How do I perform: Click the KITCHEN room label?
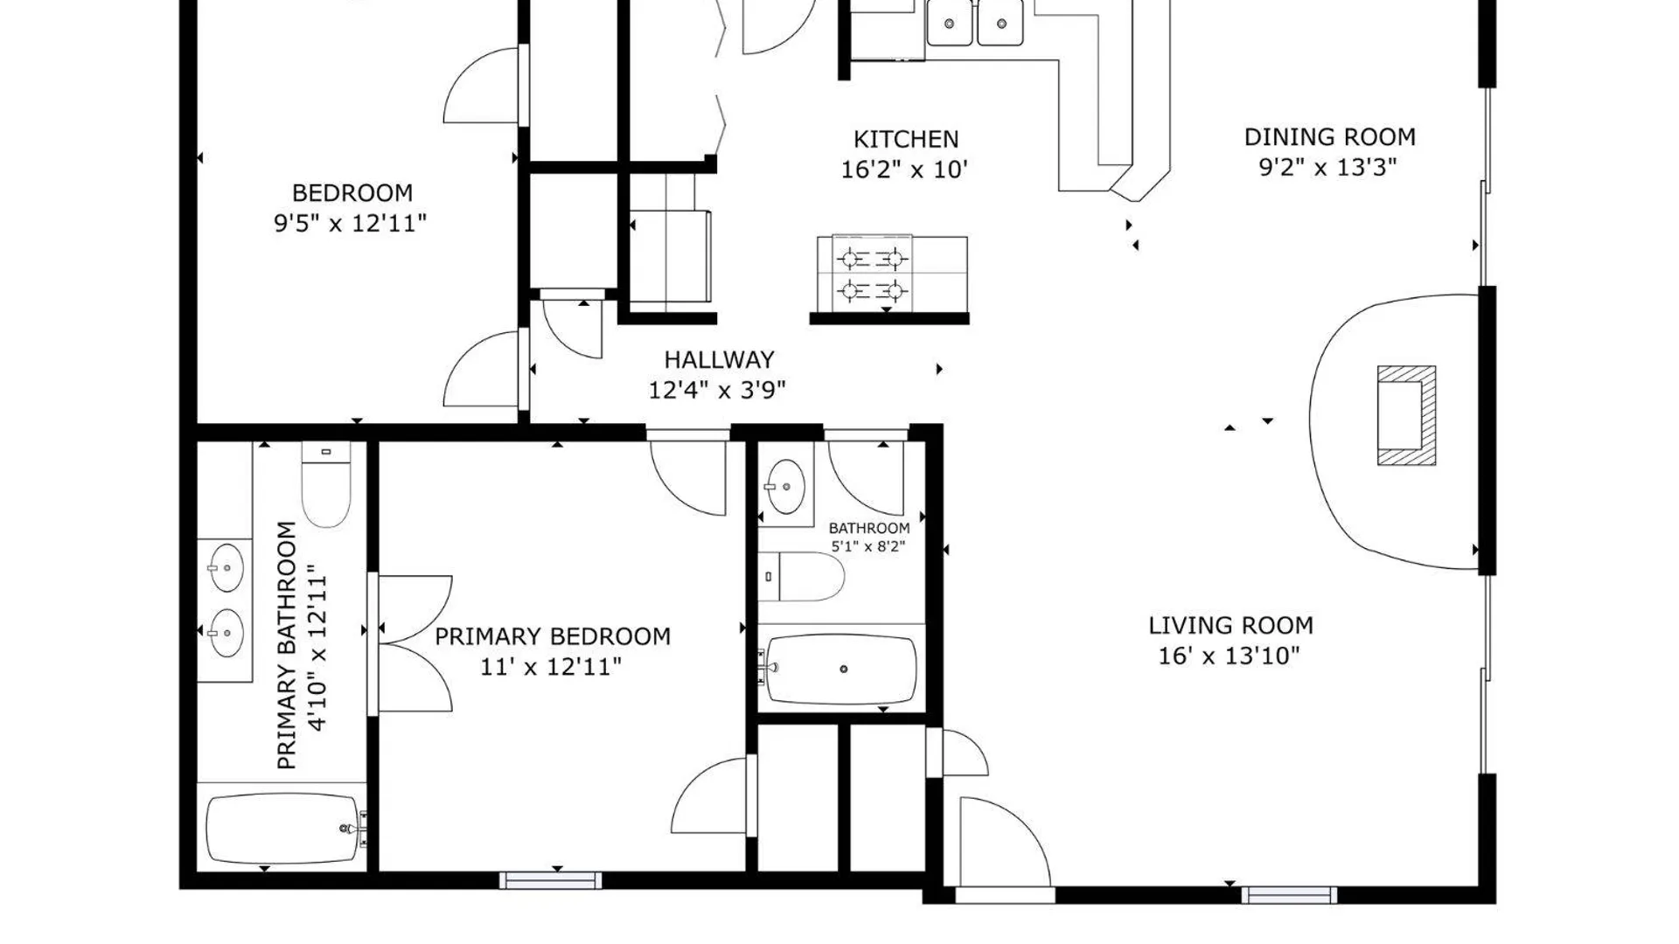click(906, 139)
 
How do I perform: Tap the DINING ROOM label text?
click(1329, 137)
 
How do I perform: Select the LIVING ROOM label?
click(1230, 626)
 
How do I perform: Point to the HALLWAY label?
click(719, 359)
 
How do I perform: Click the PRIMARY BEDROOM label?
click(553, 636)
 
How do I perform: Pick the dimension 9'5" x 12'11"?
click(350, 223)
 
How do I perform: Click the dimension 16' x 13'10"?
click(1230, 656)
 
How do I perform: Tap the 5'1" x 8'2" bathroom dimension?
click(867, 547)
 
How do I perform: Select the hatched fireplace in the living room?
click(1406, 415)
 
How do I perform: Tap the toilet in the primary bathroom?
click(326, 483)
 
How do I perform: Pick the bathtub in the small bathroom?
click(841, 669)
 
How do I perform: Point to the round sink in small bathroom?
click(785, 487)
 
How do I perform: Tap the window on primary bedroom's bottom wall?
click(551, 880)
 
